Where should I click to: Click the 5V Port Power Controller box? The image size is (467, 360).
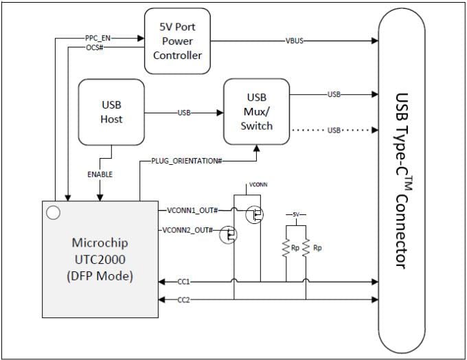coord(177,41)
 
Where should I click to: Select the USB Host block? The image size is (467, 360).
coord(111,113)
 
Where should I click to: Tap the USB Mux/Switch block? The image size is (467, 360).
coord(256,113)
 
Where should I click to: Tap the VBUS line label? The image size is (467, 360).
coord(295,41)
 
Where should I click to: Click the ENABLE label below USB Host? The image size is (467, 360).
coord(100,175)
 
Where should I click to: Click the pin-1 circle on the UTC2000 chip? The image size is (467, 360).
coord(52,213)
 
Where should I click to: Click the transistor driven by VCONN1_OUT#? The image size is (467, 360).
coord(254,215)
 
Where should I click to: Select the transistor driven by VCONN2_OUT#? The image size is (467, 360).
coord(228,236)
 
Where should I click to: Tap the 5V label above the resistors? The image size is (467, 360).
coord(296,215)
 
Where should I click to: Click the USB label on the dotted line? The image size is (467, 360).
coord(334,129)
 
